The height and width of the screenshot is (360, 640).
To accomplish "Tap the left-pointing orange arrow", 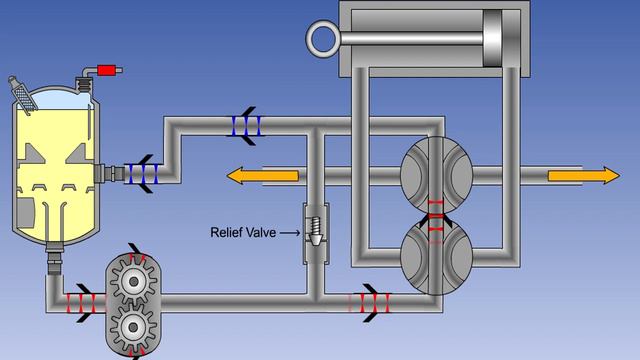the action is [262, 175].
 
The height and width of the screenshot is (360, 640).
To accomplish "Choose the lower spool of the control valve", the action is [435, 256].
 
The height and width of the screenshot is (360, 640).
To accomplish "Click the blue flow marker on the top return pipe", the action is [243, 125].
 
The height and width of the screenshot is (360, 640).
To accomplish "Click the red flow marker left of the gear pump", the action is [79, 301].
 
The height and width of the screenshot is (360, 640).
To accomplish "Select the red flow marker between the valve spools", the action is [436, 214].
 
